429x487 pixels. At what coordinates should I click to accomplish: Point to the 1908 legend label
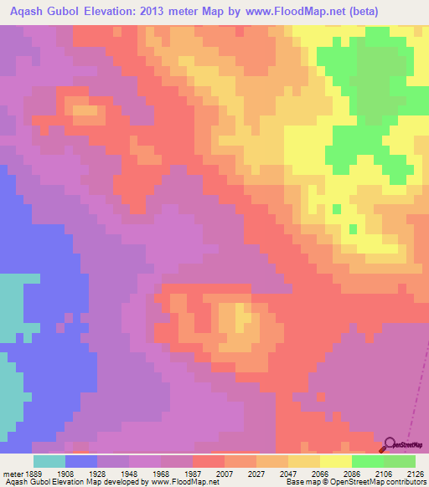[66, 474]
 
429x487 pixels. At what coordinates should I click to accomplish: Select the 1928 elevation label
[98, 474]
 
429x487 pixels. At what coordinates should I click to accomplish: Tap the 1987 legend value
[193, 474]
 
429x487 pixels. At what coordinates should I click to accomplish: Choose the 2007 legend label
[225, 474]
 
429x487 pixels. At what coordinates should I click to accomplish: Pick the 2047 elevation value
[289, 474]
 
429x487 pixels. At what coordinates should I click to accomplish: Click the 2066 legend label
[321, 474]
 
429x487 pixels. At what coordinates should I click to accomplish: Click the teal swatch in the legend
[49, 461]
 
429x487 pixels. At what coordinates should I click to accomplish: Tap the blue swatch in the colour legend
[81, 461]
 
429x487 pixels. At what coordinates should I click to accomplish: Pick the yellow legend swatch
[335, 461]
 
